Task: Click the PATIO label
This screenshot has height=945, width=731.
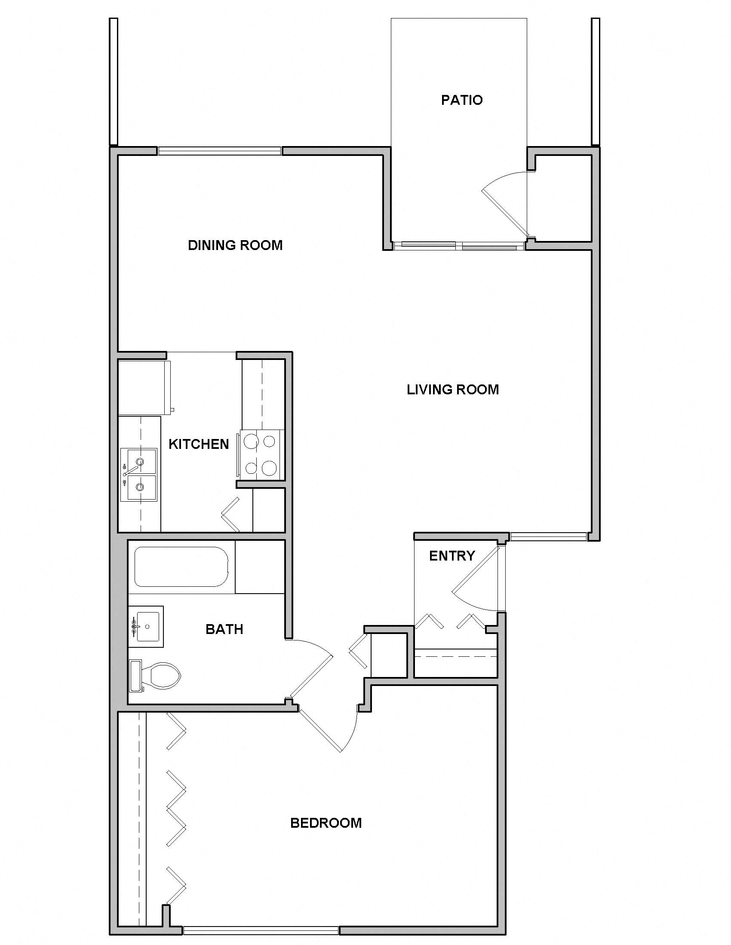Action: [462, 100]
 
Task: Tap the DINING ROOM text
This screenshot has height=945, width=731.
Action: [235, 245]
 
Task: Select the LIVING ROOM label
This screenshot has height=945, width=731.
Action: [452, 390]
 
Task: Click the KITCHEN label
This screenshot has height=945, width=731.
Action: [198, 444]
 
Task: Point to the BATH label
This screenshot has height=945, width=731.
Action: [224, 629]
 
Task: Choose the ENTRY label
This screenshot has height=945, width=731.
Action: [451, 555]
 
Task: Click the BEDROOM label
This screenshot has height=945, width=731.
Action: [326, 823]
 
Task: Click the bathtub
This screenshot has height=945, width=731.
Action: [181, 567]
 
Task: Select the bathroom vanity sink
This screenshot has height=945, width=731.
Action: [146, 626]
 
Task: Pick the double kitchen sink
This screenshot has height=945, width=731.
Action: [139, 475]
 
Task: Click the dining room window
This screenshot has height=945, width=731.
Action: [219, 151]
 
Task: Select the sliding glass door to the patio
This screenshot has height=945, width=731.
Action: [459, 246]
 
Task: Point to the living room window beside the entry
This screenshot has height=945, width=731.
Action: [548, 537]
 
